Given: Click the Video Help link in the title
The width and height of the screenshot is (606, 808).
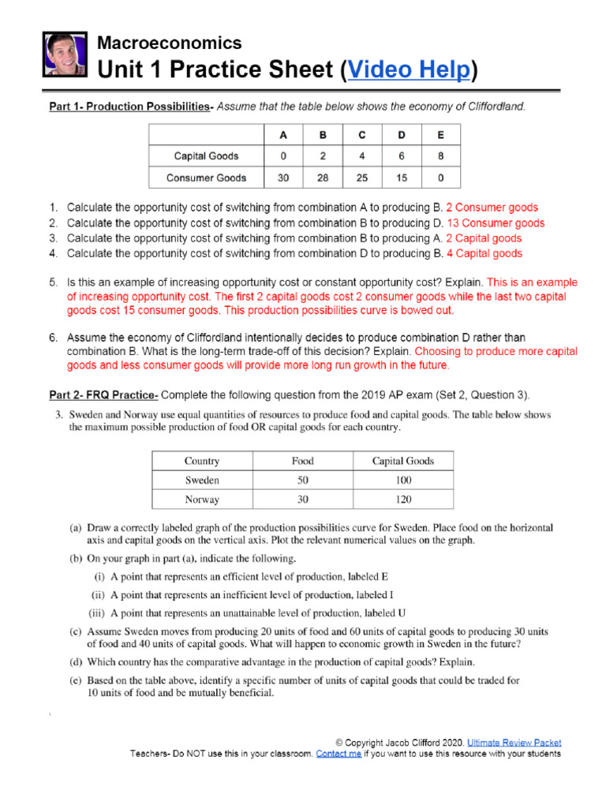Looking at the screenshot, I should pyautogui.click(x=409, y=71).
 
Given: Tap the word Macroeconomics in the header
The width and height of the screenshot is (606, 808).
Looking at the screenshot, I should pyautogui.click(x=169, y=43).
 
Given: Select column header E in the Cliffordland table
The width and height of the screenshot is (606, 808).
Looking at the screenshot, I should pyautogui.click(x=440, y=134).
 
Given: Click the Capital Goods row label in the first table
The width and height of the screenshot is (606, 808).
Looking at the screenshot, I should pyautogui.click(x=206, y=155).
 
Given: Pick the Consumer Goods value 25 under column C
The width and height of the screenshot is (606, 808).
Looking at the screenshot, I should pyautogui.click(x=362, y=178).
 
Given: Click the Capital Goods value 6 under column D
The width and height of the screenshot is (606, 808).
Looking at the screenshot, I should pyautogui.click(x=402, y=155).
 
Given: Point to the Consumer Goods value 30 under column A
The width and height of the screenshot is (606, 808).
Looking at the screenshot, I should pyautogui.click(x=283, y=178).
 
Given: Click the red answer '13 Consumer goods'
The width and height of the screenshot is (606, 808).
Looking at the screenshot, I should pyautogui.click(x=495, y=223).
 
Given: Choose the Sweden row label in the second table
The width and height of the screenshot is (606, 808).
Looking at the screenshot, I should pyautogui.click(x=202, y=480).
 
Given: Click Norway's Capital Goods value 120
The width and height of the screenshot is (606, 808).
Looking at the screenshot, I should pyautogui.click(x=402, y=499).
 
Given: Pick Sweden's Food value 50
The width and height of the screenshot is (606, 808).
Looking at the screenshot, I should pyautogui.click(x=302, y=480).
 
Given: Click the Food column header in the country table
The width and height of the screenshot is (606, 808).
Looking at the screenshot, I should pyautogui.click(x=302, y=461).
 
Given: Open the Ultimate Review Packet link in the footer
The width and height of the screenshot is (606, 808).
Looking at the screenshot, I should pyautogui.click(x=514, y=743).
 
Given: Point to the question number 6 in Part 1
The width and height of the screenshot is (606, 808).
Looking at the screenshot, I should pyautogui.click(x=53, y=338).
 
